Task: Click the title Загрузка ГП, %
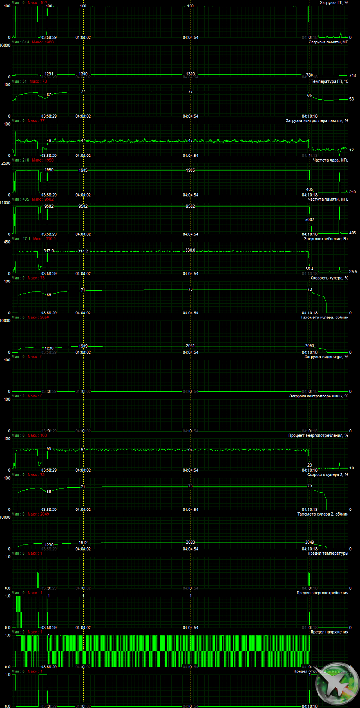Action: [334, 3]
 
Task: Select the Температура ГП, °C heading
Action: [330, 81]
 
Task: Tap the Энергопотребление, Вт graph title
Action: [325, 239]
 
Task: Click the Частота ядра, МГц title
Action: [330, 160]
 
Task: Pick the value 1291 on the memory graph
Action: [49, 74]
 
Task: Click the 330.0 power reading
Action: [191, 250]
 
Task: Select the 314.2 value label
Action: [83, 251]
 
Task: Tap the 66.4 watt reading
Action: [309, 269]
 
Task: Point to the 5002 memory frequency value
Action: [310, 220]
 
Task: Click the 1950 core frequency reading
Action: [49, 170]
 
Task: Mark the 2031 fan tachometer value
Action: [191, 346]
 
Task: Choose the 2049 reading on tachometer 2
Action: [310, 542]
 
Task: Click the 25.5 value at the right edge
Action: [353, 272]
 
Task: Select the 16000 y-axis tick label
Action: [5, 45]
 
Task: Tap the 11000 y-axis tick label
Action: [5, 203]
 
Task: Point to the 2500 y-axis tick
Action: [6, 163]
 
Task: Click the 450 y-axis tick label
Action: [7, 242]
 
